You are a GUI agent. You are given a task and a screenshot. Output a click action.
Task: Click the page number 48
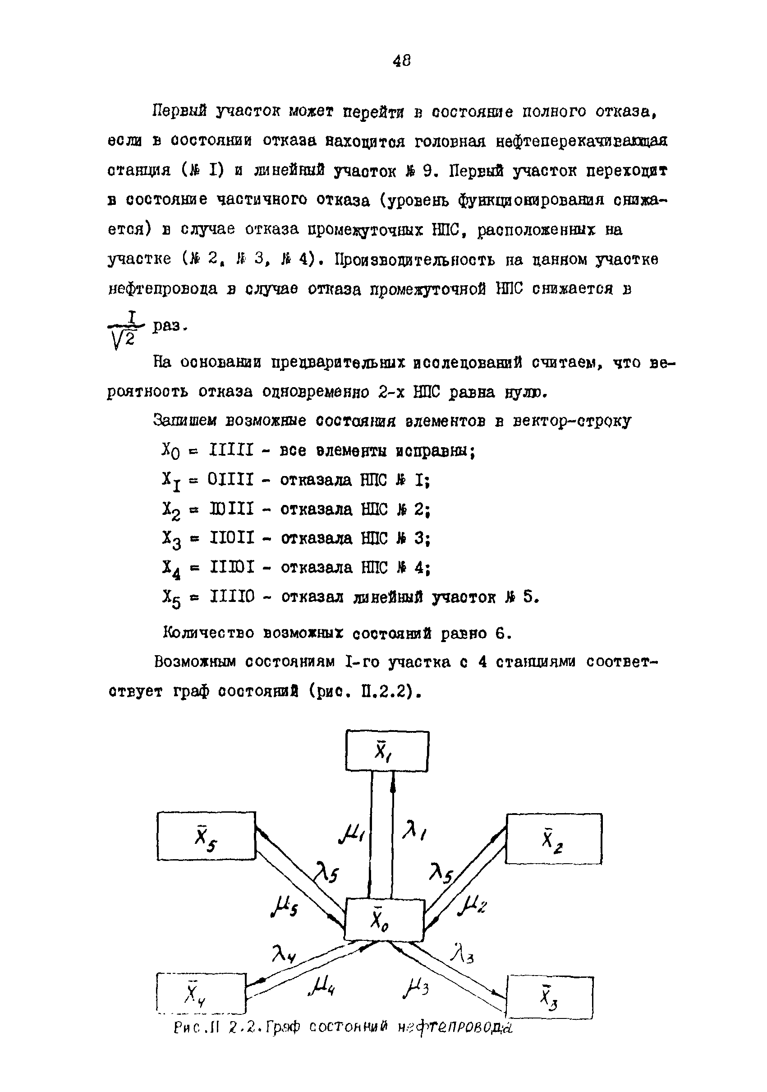point(402,60)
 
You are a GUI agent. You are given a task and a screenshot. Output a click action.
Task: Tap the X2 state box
point(554,838)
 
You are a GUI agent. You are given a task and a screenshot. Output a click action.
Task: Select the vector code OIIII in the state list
point(231,479)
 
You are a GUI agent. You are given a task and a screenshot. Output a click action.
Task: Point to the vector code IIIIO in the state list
point(232,596)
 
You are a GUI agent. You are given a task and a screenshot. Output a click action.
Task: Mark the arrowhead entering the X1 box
point(393,778)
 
